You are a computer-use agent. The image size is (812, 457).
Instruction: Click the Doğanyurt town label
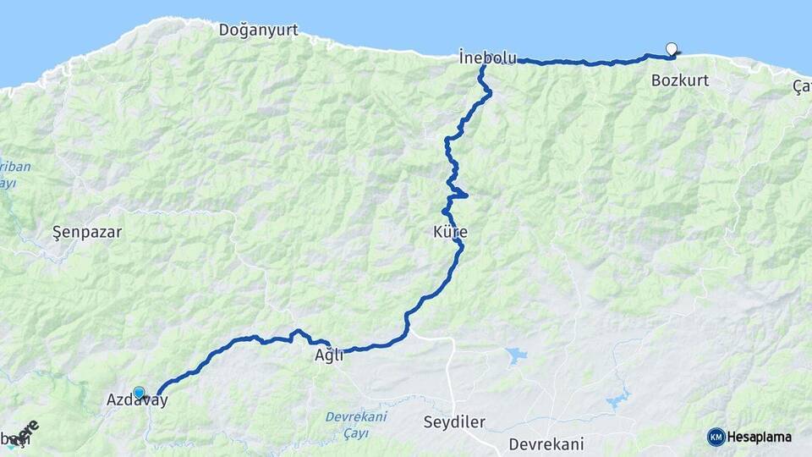(x=258, y=30)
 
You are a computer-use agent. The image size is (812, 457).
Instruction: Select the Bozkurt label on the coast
(x=680, y=81)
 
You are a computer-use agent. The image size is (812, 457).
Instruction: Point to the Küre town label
(x=450, y=232)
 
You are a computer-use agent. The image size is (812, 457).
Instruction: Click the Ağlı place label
(x=328, y=356)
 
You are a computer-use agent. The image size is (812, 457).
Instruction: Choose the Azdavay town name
(x=137, y=401)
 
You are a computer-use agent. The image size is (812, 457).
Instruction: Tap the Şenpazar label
(x=87, y=231)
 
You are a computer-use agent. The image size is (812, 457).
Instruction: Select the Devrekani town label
(x=546, y=443)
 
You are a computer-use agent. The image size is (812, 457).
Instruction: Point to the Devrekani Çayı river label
(x=356, y=424)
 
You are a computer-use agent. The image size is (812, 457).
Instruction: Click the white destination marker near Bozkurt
(x=672, y=49)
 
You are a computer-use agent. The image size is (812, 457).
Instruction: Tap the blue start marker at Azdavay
(x=139, y=393)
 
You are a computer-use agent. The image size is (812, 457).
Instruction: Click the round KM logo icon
(x=716, y=437)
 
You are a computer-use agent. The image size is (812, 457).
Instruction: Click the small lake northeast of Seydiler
(x=516, y=355)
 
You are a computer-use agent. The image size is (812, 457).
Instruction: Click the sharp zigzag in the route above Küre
(x=458, y=195)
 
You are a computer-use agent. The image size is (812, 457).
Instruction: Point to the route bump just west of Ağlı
(x=298, y=333)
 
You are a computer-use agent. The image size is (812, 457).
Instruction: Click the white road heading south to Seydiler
(x=451, y=381)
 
